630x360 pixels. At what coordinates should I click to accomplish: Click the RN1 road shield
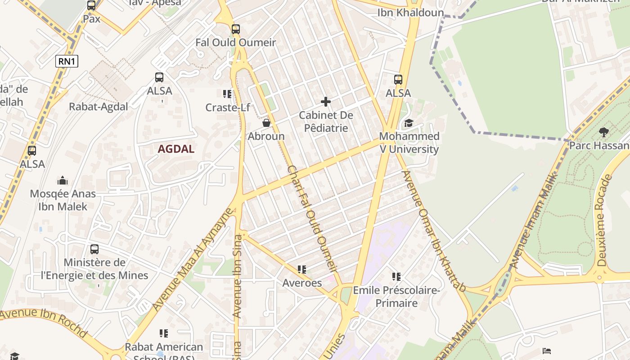[67, 61]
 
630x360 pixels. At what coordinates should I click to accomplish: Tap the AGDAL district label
[176, 149]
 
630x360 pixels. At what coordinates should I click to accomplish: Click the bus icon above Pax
[91, 5]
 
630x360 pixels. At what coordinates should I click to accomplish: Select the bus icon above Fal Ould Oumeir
[236, 29]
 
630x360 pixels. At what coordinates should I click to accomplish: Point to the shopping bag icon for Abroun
[266, 122]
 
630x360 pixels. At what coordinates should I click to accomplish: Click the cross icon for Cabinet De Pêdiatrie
[326, 102]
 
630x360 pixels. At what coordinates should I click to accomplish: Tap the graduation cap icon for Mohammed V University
[409, 123]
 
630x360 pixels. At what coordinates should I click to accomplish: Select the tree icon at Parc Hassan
[603, 132]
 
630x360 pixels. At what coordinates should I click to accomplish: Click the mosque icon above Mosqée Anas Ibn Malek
[63, 180]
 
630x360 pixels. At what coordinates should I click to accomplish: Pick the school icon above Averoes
[302, 270]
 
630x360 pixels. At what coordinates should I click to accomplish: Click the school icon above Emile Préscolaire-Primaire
[396, 276]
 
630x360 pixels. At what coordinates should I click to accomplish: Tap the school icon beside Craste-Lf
[227, 94]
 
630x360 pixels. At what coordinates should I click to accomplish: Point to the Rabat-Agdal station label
[98, 107]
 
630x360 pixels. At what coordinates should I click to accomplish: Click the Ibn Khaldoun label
[410, 13]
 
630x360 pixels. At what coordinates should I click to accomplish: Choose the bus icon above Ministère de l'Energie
[94, 249]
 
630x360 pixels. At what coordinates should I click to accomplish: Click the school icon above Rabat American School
[164, 333]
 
